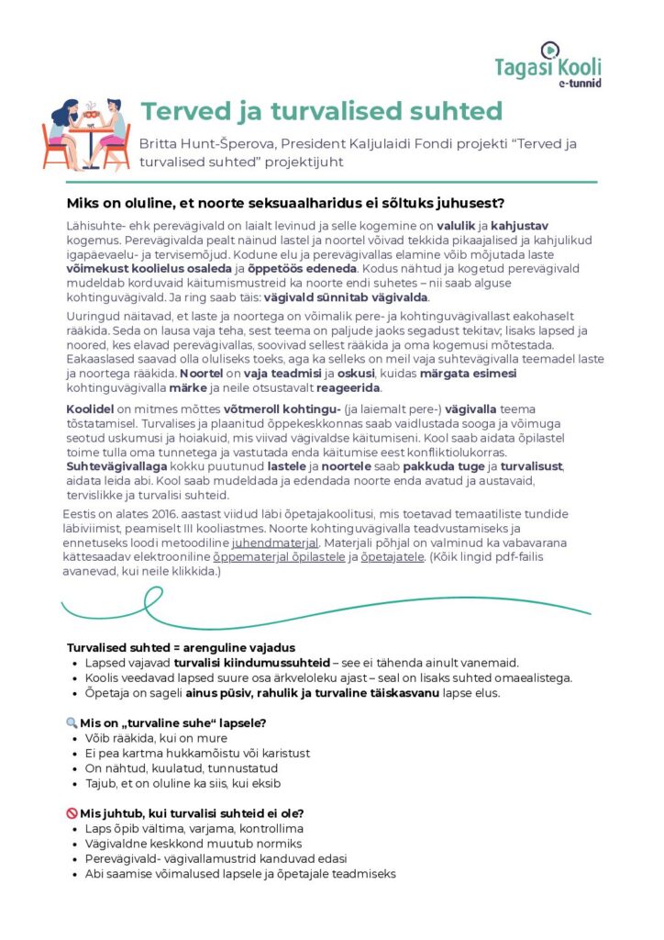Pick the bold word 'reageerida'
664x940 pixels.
coord(347,387)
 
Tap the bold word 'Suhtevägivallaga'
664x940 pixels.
coord(115,466)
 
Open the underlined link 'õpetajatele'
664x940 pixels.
coord(392,557)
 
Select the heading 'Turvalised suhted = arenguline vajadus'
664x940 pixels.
coord(182,647)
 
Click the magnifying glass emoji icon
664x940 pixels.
coord(72,722)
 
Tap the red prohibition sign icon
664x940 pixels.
coord(72,813)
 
